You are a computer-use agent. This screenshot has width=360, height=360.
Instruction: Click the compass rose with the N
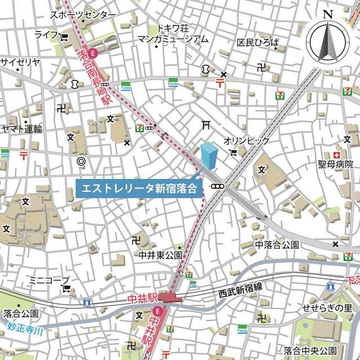(328, 38)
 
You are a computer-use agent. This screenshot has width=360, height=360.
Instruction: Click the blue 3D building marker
(209, 156)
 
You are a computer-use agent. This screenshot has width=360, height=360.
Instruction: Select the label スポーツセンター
(83, 15)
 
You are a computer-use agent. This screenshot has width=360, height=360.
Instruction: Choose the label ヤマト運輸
(21, 129)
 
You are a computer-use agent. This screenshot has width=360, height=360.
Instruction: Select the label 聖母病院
(335, 165)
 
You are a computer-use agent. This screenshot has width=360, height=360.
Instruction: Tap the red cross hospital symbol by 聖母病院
(336, 155)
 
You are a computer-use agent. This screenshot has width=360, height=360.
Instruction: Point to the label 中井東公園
(161, 255)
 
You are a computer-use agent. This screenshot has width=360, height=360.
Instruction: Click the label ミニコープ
(49, 280)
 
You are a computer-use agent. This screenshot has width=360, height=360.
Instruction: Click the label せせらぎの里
(327, 308)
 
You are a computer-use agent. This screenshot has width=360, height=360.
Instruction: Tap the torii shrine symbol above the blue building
(206, 124)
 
